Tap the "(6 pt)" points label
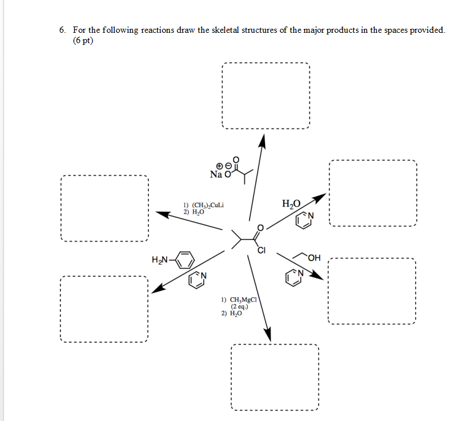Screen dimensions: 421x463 83,41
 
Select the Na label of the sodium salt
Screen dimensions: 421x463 216,174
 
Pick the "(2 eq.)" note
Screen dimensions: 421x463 239,307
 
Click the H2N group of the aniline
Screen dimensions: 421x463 159,260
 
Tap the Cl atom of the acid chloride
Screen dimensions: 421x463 262,250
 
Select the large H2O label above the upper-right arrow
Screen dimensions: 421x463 292,203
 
